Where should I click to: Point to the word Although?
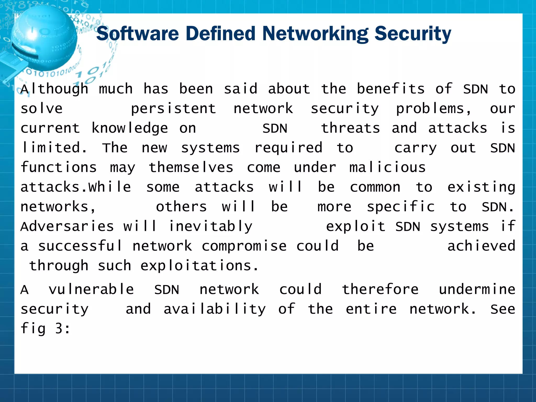coord(54,89)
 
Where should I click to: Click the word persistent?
coord(173,109)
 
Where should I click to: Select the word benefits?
coord(391,89)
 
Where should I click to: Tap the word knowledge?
coord(130,128)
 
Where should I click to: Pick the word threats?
coord(350,128)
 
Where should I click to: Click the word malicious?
coord(387,167)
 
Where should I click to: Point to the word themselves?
coord(191,167)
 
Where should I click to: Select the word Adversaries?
coord(67,226)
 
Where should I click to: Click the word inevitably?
coord(211,226)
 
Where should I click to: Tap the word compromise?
coord(244,246)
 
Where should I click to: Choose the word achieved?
coord(481,246)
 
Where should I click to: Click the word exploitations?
coord(199,266)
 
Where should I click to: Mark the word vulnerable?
coord(91,289)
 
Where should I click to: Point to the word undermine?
coord(477,289)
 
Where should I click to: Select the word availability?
coord(215,309)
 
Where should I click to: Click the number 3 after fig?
coord(59,328)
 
